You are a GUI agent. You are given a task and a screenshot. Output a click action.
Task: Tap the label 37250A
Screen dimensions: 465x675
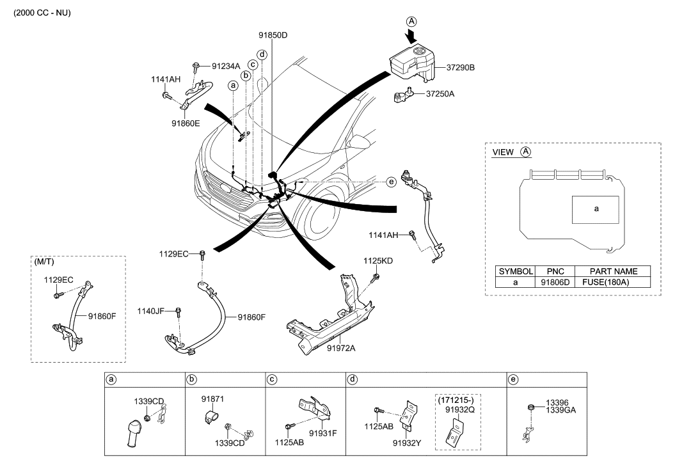point(440,93)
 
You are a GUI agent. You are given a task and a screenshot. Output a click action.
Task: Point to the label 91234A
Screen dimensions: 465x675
point(225,66)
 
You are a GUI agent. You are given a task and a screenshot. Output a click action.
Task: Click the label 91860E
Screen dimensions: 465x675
point(186,123)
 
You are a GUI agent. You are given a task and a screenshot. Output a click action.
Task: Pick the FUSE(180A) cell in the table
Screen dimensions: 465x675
point(613,282)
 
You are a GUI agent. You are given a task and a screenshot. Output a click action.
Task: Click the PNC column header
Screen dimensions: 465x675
point(554,271)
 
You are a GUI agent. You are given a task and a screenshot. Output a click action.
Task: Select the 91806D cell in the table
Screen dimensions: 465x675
point(554,282)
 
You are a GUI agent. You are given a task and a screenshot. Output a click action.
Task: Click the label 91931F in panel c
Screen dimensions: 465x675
point(322,432)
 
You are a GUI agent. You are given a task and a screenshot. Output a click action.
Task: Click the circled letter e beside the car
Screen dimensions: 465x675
point(392,182)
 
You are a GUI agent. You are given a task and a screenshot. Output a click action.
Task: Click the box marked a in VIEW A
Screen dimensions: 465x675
point(596,209)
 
